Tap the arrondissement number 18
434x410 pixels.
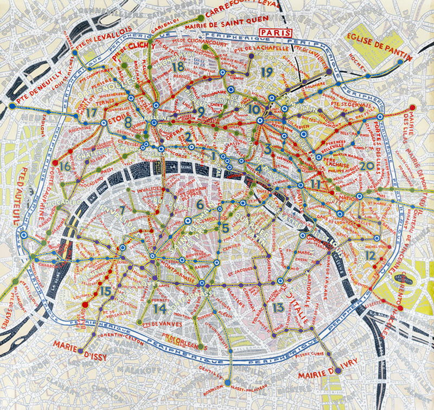(x=178, y=67)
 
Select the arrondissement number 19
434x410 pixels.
(x=266, y=72)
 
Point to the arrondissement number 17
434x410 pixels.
(x=91, y=112)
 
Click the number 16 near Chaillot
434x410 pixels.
(x=65, y=167)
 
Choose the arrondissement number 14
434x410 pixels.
(x=159, y=308)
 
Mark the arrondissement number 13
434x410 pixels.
(x=278, y=307)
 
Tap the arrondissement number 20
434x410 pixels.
(x=366, y=166)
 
